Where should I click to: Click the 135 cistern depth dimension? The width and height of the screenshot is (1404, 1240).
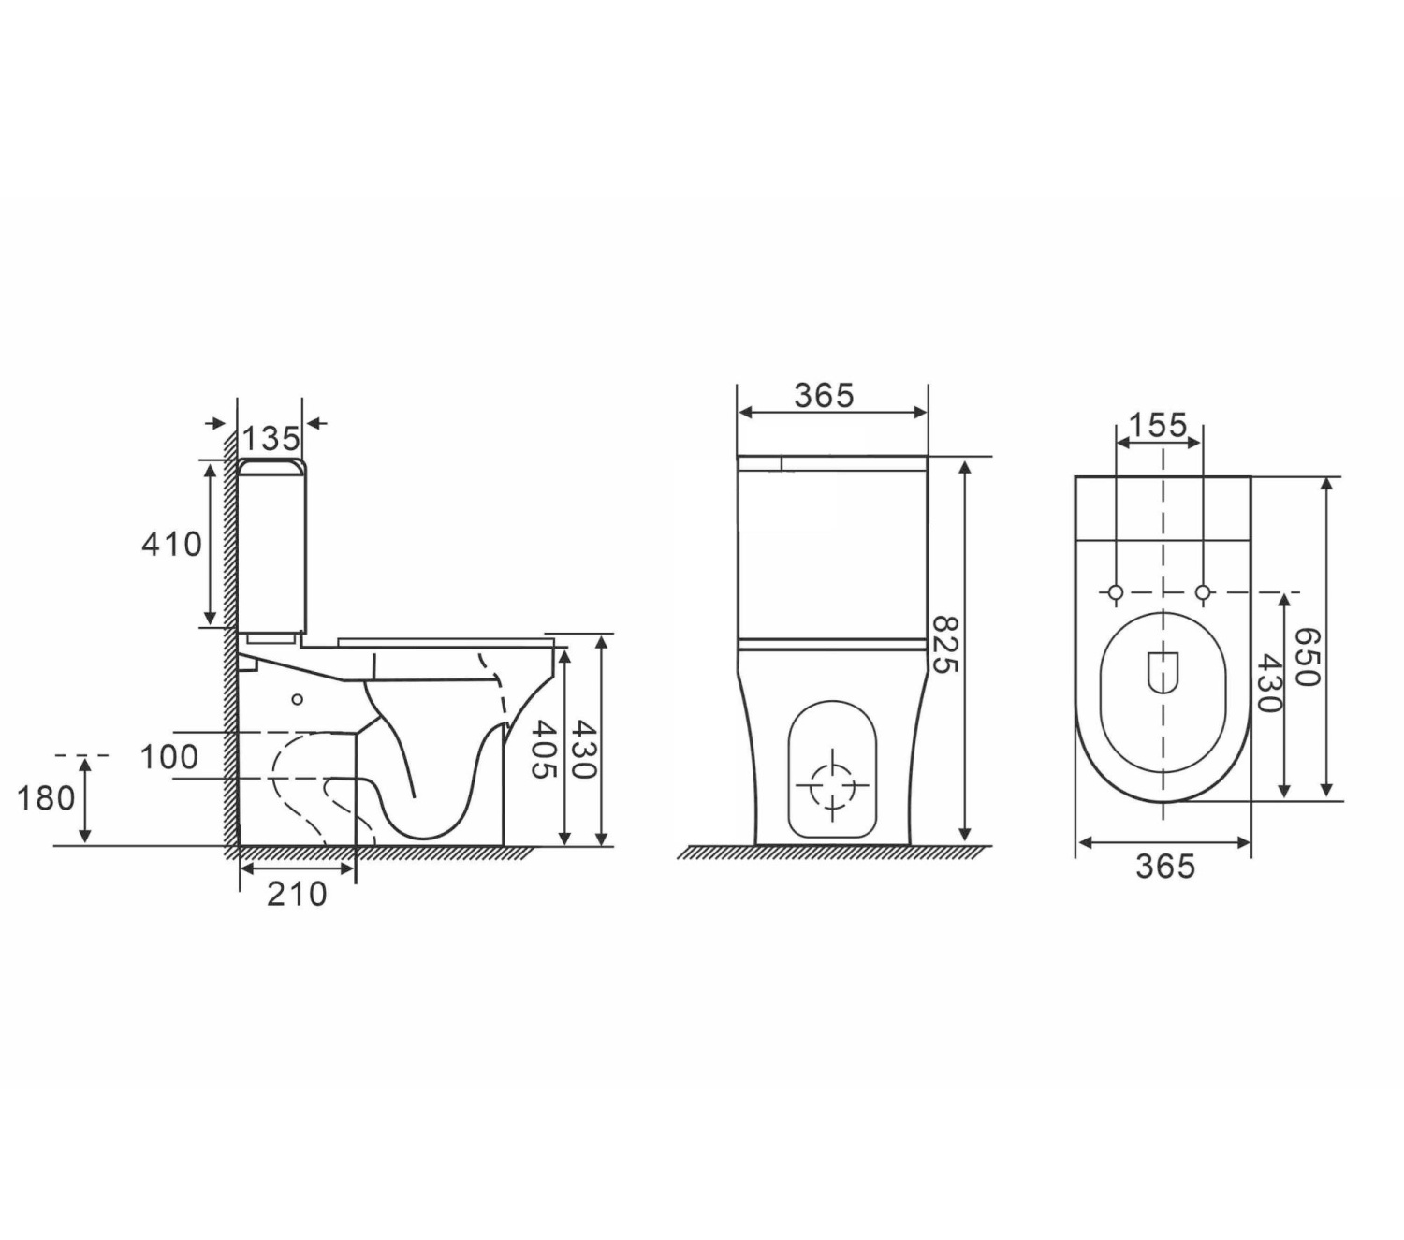pos(271,439)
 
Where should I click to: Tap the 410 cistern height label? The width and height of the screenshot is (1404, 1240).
pos(172,544)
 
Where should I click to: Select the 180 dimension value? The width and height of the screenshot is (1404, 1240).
pos(46,798)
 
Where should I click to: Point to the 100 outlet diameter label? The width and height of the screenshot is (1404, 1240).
pos(169,757)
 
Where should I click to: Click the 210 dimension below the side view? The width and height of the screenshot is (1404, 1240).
pos(297,894)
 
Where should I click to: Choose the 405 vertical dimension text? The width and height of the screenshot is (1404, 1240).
pos(545,750)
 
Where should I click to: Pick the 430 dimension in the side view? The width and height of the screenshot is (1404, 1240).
pos(583,750)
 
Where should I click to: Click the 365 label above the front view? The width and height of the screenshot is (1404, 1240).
pos(824,396)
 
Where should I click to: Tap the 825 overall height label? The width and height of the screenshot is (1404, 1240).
pos(943,644)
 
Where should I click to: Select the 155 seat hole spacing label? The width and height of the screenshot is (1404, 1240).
pos(1158,425)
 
